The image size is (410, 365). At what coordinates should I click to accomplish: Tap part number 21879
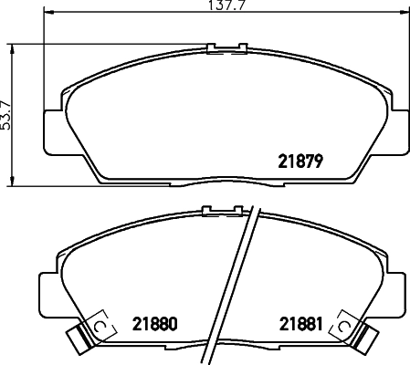[x=301, y=162]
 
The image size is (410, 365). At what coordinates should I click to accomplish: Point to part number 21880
[x=152, y=323]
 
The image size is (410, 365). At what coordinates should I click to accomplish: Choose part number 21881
[x=300, y=323]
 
